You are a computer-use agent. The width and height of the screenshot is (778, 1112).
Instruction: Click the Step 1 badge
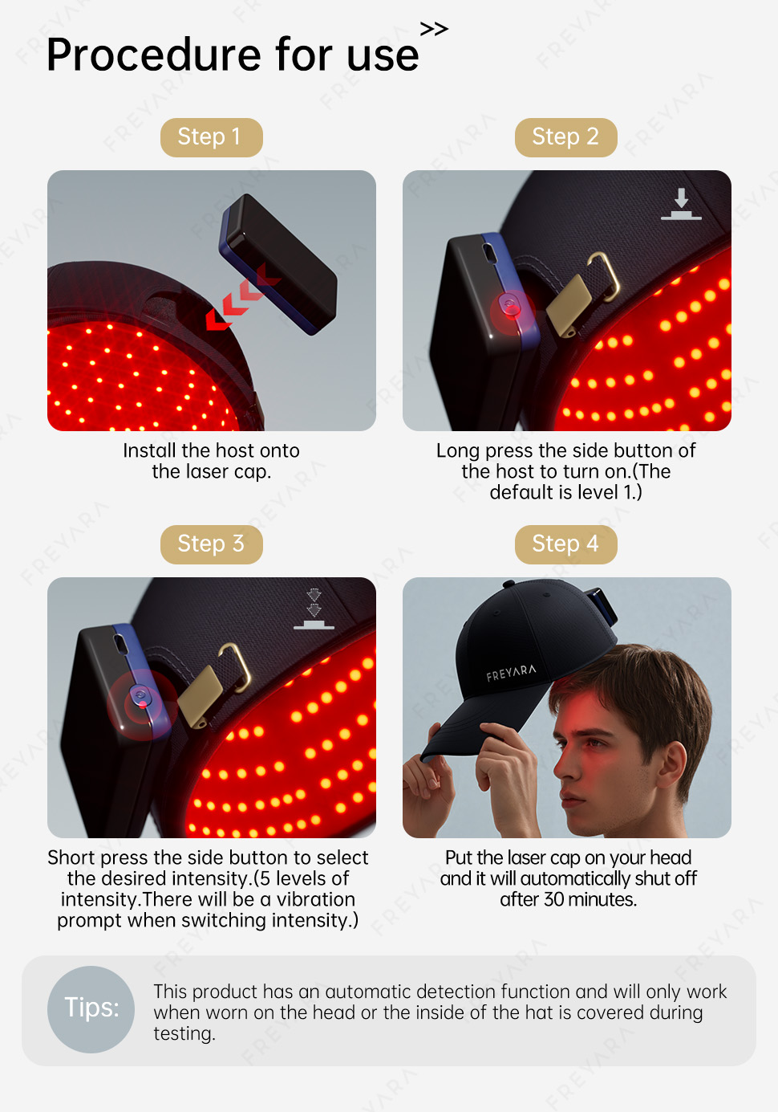tap(211, 137)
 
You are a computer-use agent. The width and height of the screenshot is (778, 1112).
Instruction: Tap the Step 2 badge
tap(565, 137)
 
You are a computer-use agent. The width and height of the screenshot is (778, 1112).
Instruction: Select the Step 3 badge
tap(211, 544)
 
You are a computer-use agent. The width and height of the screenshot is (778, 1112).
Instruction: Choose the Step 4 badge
tap(565, 544)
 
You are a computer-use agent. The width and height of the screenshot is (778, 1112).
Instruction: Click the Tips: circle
tap(91, 1009)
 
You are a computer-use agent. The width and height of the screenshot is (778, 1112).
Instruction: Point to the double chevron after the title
tap(434, 29)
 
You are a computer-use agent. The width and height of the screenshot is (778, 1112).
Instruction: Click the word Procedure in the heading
tap(154, 55)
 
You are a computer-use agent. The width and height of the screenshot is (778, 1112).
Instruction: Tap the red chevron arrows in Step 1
tap(243, 297)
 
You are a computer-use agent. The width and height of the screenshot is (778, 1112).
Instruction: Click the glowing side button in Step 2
tap(511, 306)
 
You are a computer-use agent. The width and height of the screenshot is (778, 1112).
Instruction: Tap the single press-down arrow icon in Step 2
tap(681, 204)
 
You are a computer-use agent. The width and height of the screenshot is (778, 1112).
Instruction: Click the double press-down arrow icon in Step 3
tap(314, 609)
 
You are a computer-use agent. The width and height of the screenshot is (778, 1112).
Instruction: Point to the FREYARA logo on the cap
tap(511, 673)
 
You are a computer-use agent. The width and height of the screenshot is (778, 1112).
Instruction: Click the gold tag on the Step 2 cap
tap(569, 305)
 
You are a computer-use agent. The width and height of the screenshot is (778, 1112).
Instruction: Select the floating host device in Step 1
tap(278, 264)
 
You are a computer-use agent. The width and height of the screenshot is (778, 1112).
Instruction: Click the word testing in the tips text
tap(184, 1034)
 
